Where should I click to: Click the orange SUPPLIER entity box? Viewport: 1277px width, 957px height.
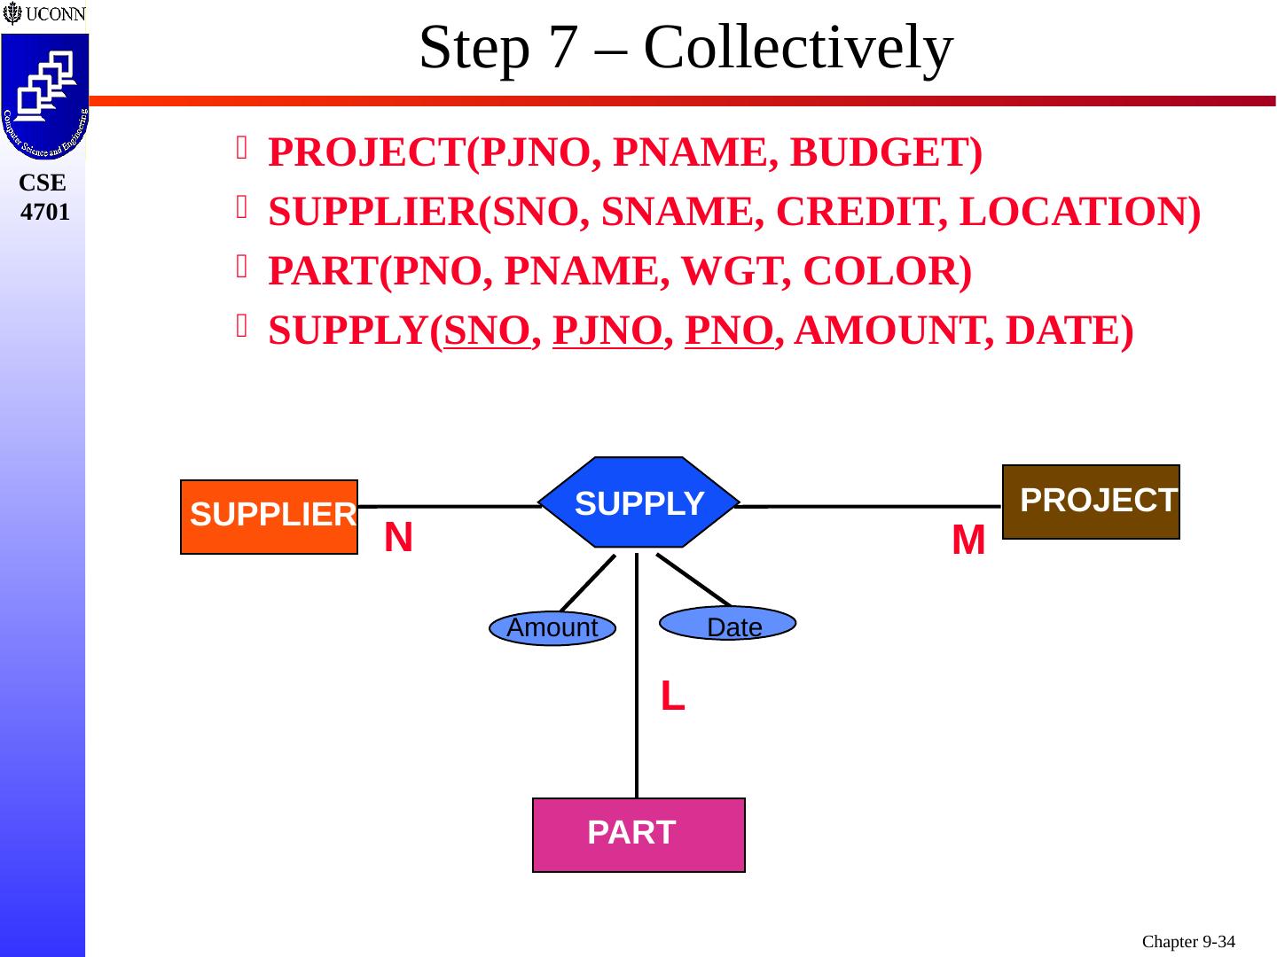click(x=269, y=517)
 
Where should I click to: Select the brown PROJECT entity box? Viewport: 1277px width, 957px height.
click(x=1091, y=502)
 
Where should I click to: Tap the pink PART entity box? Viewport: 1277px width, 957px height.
click(x=638, y=835)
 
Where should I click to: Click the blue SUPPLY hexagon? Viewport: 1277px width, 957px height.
click(x=639, y=502)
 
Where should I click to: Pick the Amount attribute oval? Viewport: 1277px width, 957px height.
click(x=552, y=628)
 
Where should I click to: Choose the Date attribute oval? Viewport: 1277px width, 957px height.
click(x=729, y=624)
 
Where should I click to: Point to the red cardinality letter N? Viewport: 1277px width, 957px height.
click(x=398, y=537)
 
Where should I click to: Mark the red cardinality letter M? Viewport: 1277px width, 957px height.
click(x=968, y=540)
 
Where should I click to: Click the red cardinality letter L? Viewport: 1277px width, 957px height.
click(x=672, y=697)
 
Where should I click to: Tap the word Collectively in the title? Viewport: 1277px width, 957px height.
click(x=798, y=48)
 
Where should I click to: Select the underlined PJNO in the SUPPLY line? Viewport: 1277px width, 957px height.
click(x=607, y=331)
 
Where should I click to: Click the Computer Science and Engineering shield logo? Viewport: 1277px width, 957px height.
click(x=44, y=97)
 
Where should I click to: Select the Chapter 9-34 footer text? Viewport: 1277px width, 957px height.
click(x=1188, y=942)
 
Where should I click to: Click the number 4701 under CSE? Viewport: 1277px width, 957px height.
click(x=44, y=212)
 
